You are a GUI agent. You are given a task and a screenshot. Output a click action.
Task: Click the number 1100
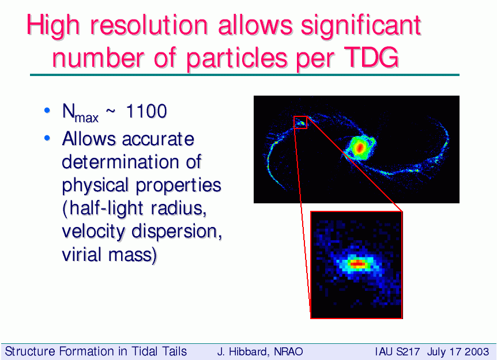[146, 111]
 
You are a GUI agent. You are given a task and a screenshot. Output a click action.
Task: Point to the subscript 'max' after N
[86, 118]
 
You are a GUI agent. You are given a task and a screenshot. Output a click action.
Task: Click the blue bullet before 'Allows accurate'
[47, 138]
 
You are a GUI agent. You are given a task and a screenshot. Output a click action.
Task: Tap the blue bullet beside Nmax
[47, 111]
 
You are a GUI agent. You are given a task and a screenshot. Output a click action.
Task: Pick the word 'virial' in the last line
[82, 255]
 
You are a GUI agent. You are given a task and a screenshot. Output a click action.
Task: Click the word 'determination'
[121, 162]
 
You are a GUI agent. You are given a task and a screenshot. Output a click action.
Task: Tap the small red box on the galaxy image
[300, 122]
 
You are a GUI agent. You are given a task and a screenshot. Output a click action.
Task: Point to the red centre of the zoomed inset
[357, 263]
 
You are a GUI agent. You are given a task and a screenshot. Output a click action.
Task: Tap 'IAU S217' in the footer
[397, 352]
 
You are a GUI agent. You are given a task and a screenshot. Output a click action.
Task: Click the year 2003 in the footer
[477, 352]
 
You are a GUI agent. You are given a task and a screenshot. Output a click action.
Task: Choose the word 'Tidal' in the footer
[145, 352]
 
